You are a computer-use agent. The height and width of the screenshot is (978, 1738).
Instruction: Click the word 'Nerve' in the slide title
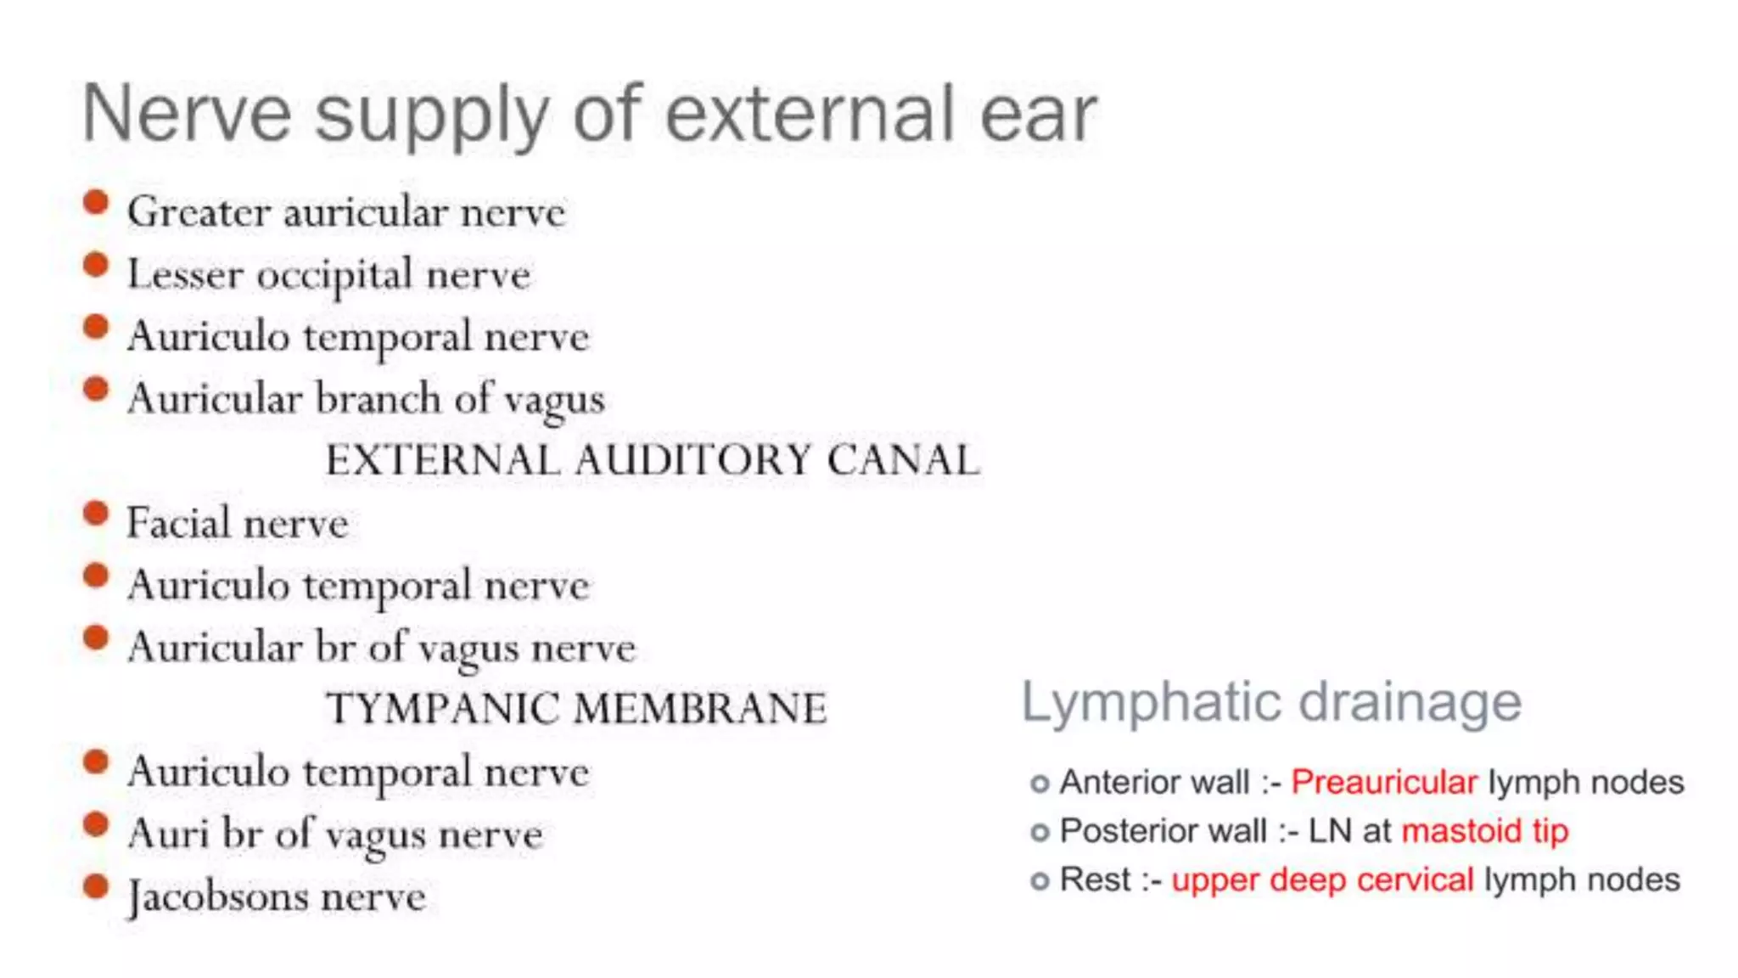[x=187, y=115]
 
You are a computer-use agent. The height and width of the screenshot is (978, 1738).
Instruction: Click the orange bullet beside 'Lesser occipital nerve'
[x=97, y=266]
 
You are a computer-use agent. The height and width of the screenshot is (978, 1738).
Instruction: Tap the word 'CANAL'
[x=903, y=460]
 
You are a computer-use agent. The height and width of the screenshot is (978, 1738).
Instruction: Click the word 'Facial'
[x=178, y=522]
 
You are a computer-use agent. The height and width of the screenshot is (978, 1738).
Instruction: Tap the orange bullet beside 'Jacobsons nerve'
[x=97, y=887]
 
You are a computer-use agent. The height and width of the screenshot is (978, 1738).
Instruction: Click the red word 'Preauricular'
[x=1384, y=782]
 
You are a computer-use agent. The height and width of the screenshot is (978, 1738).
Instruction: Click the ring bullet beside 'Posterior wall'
[x=1040, y=833]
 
